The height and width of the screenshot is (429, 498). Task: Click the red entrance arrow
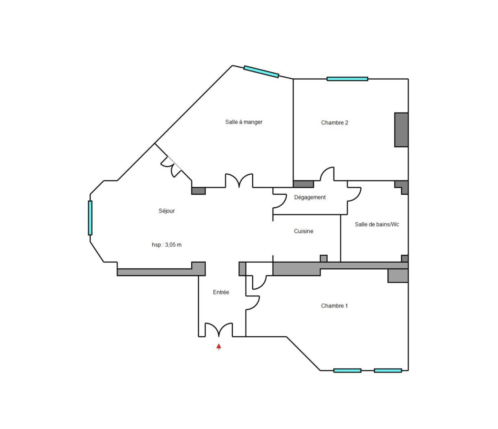[x=219, y=347]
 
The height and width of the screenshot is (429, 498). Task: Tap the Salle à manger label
[x=243, y=122]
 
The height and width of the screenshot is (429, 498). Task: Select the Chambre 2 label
[x=335, y=123]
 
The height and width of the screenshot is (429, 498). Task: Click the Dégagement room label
[x=310, y=198]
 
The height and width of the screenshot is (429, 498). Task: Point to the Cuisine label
[x=303, y=231]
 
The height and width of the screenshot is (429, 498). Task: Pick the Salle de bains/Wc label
[x=377, y=224]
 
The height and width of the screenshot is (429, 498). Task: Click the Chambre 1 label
[x=334, y=306]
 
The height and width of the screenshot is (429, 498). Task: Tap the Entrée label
[x=221, y=292]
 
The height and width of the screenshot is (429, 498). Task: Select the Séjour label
[x=166, y=211]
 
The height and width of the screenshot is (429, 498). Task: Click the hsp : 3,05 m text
[x=166, y=245]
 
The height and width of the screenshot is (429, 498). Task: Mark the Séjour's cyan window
[x=90, y=218]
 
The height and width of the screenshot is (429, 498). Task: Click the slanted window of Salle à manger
[x=261, y=72]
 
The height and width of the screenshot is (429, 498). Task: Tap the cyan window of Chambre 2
[x=347, y=79]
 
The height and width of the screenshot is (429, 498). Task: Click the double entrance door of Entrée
[x=219, y=329]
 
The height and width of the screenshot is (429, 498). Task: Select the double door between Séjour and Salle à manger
[x=239, y=180]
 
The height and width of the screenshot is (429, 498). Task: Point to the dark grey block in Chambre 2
[x=401, y=130]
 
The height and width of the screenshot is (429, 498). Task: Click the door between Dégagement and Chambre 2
[x=327, y=174]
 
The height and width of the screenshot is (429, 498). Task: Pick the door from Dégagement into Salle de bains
[x=354, y=195]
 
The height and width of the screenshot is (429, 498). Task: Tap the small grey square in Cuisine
[x=323, y=258]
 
